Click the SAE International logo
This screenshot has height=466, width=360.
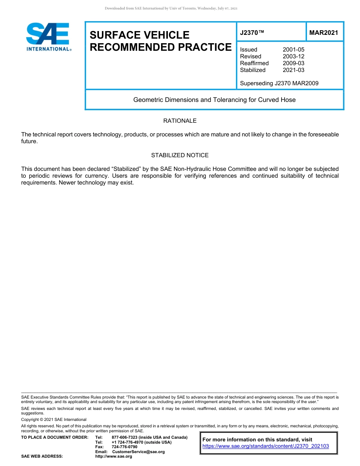[48, 37]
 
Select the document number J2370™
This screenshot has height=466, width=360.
[252, 33]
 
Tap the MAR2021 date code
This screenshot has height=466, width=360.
[324, 33]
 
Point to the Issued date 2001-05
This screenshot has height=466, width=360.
[293, 50]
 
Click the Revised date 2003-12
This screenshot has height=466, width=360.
[293, 56]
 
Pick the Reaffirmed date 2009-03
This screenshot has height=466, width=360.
[293, 63]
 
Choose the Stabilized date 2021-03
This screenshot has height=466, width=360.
[293, 70]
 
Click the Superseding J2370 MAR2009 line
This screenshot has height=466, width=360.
[279, 83]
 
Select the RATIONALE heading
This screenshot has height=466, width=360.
[180, 121]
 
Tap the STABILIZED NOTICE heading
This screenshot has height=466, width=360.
[180, 155]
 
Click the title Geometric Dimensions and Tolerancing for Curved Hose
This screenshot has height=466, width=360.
[214, 100]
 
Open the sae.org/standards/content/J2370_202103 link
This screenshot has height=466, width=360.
[266, 446]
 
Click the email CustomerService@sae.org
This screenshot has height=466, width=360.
[138, 452]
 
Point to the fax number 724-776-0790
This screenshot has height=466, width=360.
[124, 447]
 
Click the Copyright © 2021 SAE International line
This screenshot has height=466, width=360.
[54, 419]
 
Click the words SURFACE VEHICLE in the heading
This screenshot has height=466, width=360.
[139, 35]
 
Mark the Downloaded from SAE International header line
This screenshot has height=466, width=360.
[171, 8]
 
